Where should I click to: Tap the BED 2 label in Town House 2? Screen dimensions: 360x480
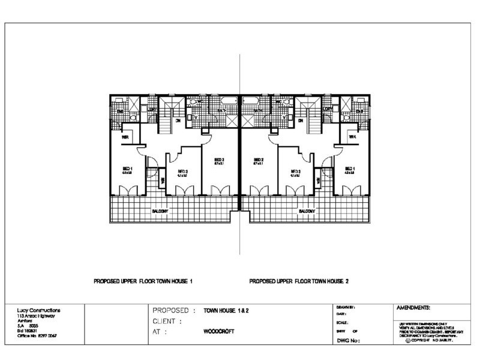[x=259, y=160]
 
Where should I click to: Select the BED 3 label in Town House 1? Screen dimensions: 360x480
[x=182, y=171]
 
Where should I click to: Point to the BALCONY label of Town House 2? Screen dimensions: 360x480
[x=307, y=211]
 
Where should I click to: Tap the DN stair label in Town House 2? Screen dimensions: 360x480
[x=299, y=121]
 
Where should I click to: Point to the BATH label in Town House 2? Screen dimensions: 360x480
[x=258, y=111]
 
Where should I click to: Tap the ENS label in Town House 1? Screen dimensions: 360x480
[x=120, y=112]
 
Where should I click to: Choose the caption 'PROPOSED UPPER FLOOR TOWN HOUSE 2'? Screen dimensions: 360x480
[x=298, y=281]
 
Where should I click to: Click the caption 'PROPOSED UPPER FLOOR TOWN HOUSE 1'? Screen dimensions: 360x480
[x=143, y=281]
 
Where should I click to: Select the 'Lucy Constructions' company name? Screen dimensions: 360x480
[x=39, y=310]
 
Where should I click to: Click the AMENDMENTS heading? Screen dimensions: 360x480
[x=414, y=307]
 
